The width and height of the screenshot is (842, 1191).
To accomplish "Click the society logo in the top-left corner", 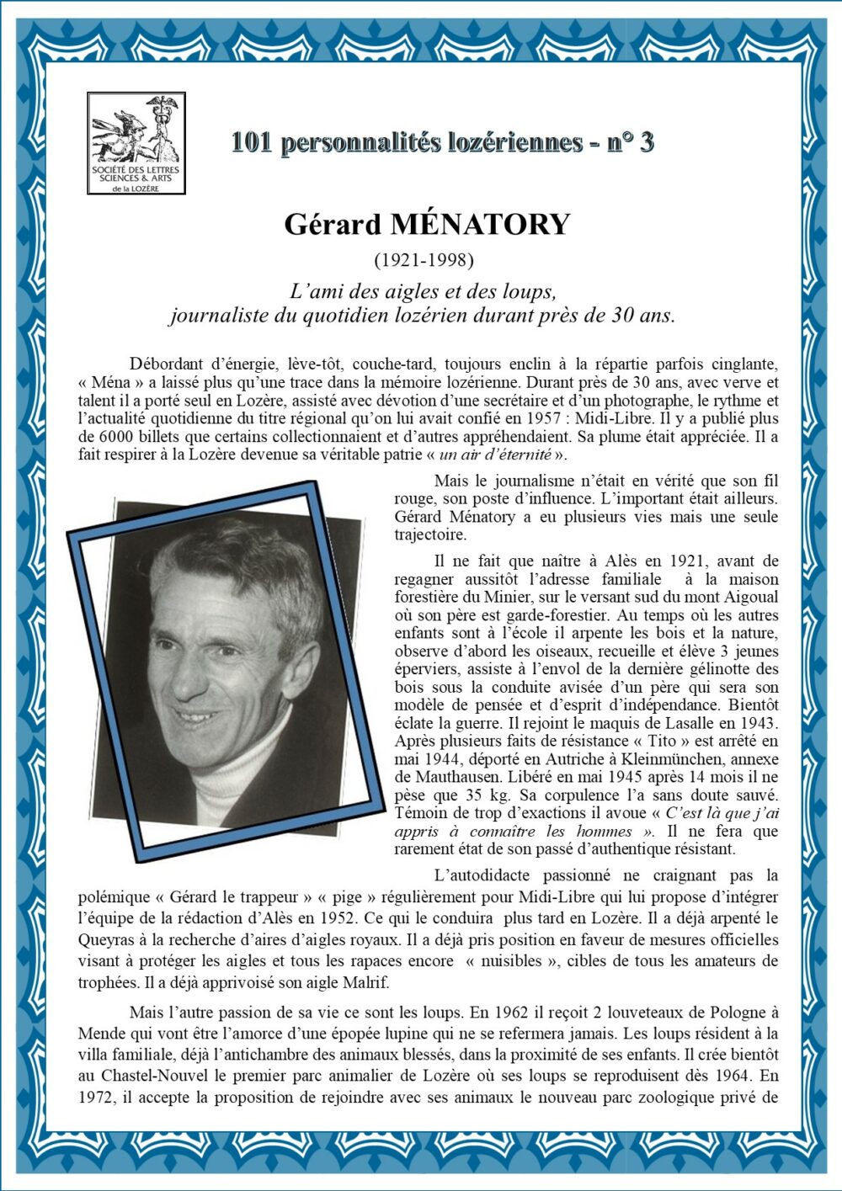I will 136,143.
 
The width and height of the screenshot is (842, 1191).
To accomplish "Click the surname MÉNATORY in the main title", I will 480,225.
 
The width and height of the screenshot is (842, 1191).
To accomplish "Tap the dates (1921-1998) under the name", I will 424,259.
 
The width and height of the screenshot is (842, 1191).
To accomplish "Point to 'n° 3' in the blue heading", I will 629,141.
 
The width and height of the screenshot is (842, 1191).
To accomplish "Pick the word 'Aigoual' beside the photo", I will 750,598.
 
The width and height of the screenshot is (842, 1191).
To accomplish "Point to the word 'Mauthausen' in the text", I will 458,777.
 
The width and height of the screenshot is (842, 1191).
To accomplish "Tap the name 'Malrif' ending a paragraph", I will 365,982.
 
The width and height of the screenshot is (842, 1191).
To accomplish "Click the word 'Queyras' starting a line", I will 107,939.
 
